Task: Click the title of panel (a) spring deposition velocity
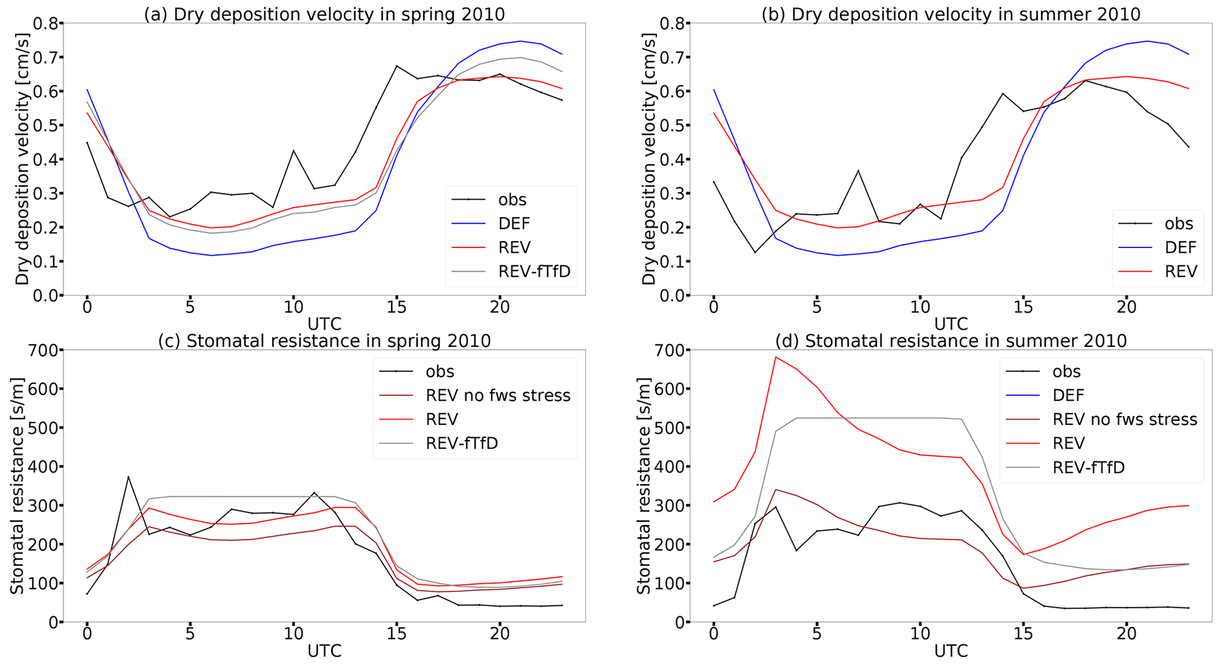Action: pos(324,13)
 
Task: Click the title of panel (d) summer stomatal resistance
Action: pos(951,341)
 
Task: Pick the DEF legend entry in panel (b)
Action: pos(1180,247)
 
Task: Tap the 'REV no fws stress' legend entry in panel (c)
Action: pos(498,395)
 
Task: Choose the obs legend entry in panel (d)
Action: pos(1066,372)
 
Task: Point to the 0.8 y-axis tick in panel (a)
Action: pos(48,24)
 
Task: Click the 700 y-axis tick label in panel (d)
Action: pos(670,350)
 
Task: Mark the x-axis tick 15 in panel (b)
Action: pos(1023,307)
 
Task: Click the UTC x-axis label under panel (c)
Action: pos(324,652)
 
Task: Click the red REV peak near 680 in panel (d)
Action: pos(776,357)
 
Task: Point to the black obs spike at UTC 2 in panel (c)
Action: pos(128,477)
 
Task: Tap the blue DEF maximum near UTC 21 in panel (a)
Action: pos(520,41)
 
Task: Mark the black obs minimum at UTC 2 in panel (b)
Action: pos(755,253)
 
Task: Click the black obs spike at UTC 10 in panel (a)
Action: pos(293,150)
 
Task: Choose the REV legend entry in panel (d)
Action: pos(1069,443)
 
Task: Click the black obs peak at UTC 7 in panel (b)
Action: pos(858,170)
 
